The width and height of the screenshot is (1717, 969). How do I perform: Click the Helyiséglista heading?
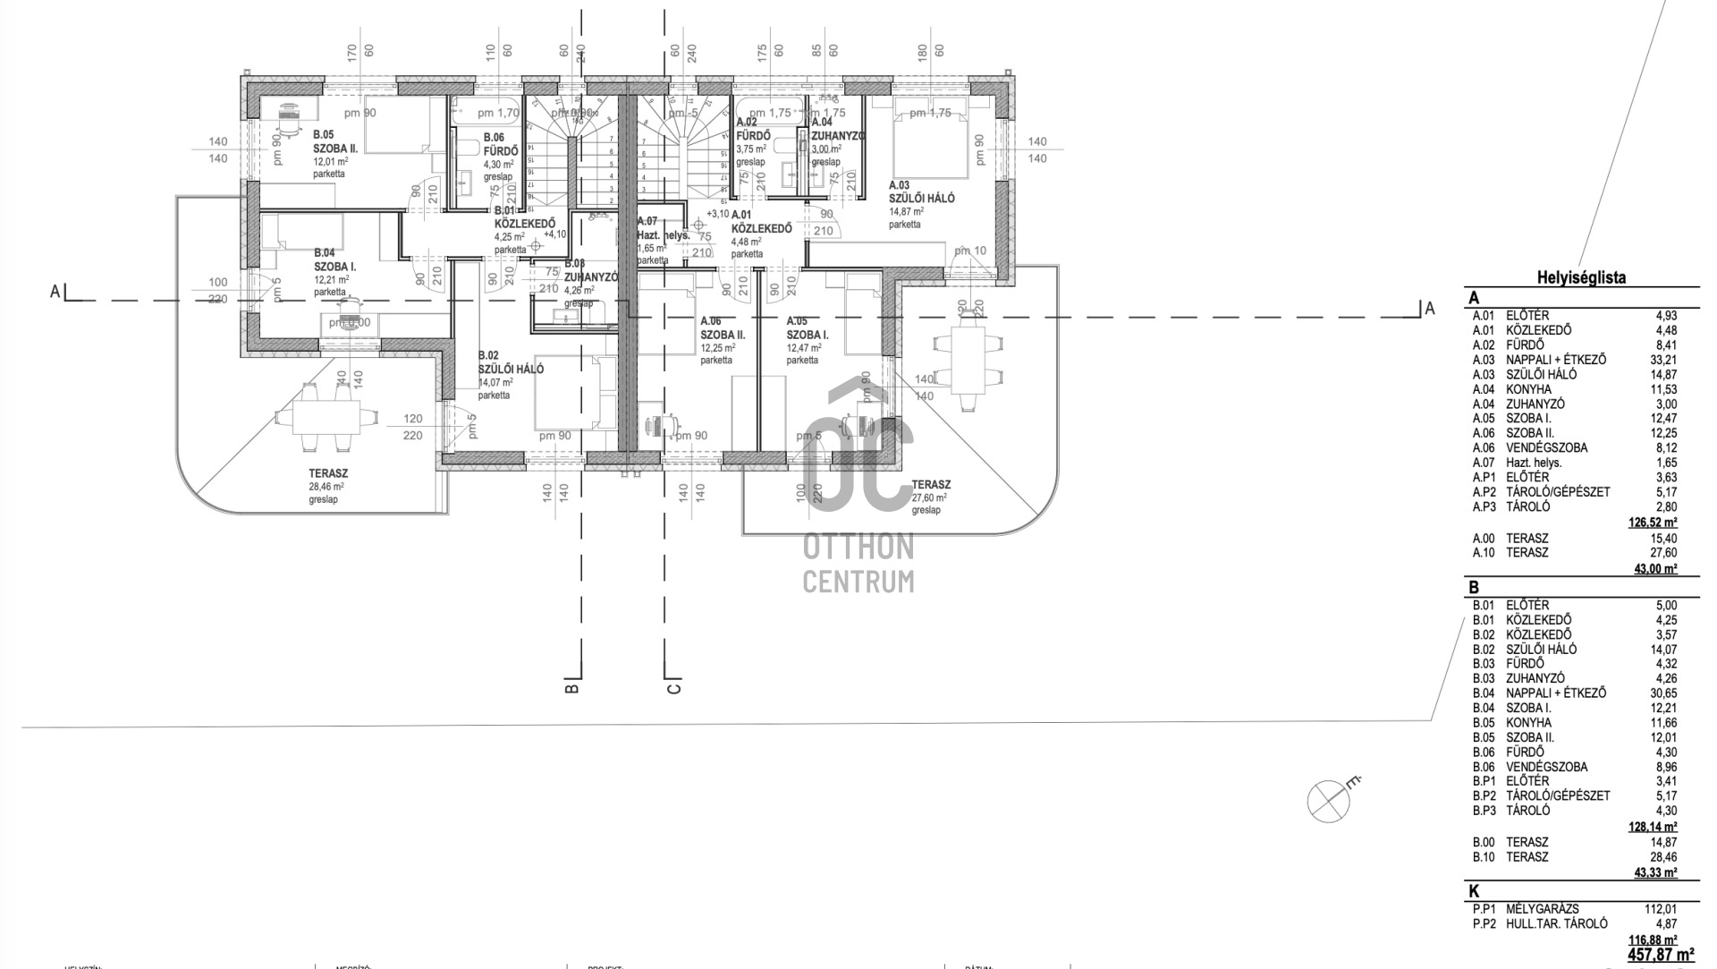(1581, 277)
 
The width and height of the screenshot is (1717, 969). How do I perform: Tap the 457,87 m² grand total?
(1660, 955)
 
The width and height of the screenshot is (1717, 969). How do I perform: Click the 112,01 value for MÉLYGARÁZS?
(1661, 909)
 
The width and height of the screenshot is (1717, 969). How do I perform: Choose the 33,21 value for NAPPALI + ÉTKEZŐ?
(1664, 360)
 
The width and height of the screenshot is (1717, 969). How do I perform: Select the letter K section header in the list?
(1474, 891)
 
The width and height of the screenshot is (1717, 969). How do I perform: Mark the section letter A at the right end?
(1430, 309)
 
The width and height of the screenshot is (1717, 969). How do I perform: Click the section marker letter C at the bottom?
(674, 688)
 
